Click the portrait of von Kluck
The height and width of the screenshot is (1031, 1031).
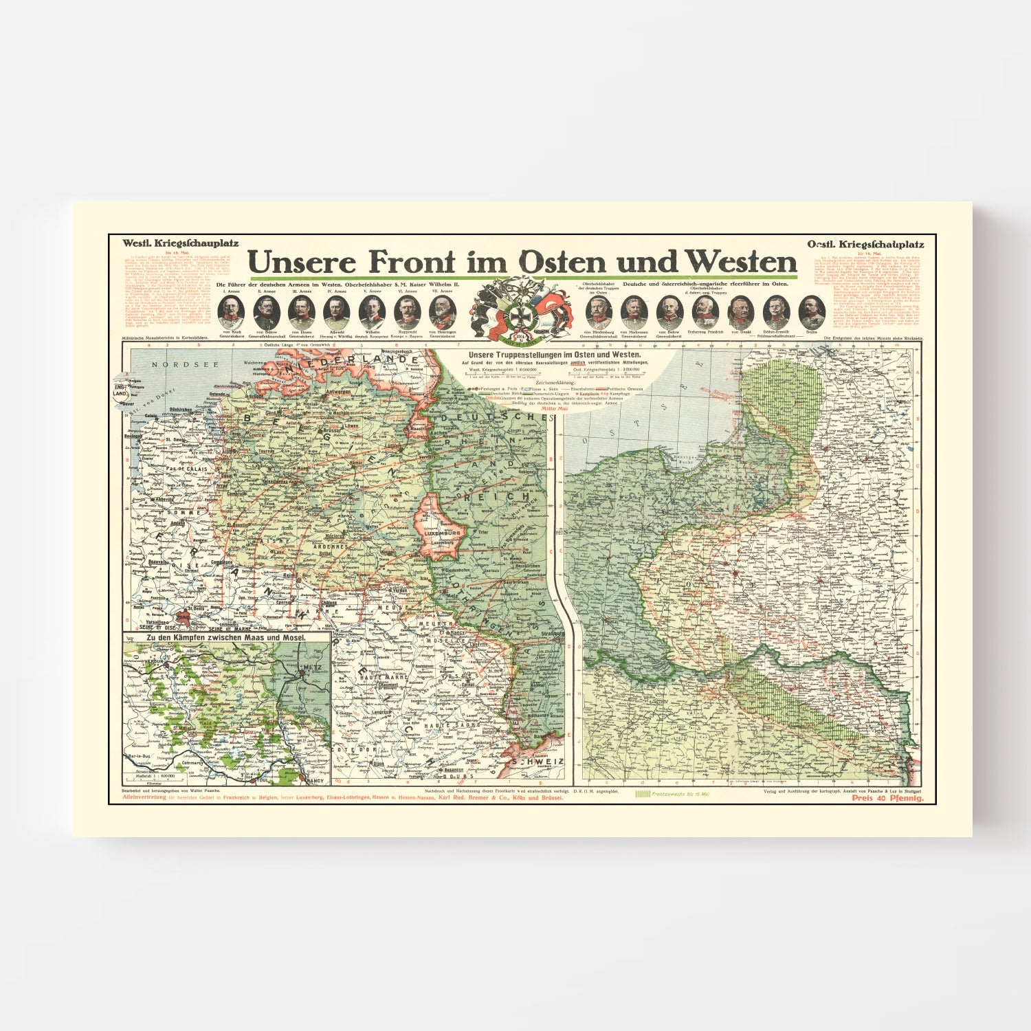230,313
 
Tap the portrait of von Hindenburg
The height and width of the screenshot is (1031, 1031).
598,313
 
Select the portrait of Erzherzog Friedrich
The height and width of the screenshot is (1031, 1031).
705,313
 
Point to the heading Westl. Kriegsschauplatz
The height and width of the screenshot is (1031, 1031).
180,243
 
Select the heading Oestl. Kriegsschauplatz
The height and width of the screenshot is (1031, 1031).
865,244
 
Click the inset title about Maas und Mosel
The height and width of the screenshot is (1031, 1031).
226,638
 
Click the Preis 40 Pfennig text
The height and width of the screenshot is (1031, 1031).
887,798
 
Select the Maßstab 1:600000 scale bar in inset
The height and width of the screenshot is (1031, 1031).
153,776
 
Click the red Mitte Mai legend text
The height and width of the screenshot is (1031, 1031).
555,408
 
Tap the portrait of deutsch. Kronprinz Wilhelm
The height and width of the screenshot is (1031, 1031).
372,313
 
